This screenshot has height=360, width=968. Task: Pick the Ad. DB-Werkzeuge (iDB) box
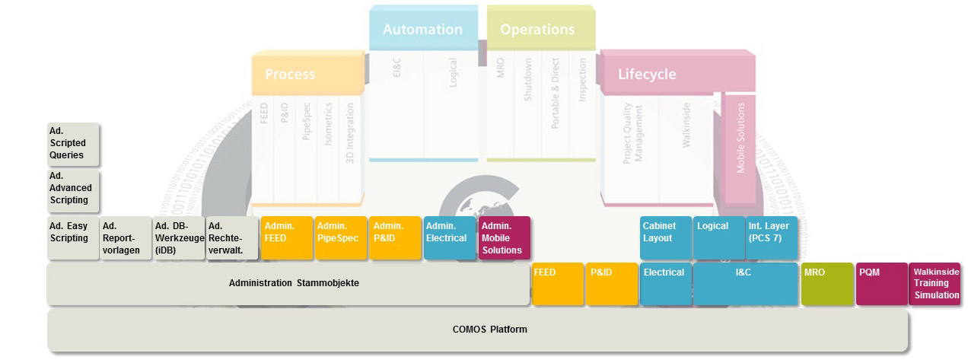tap(179, 238)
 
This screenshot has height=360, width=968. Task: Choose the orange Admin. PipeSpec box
tap(340, 238)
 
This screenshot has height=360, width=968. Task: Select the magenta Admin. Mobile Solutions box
tap(504, 238)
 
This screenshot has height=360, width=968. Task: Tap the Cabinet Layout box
tap(666, 238)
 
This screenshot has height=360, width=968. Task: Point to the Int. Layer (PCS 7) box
tap(772, 238)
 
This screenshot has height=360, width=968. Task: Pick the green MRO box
tap(827, 284)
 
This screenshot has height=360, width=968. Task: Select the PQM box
tap(880, 284)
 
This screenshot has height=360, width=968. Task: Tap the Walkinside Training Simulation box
tap(935, 284)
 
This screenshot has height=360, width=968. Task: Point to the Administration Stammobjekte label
tap(294, 283)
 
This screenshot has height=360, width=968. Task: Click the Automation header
tap(422, 30)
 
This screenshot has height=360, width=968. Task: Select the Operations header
tap(537, 30)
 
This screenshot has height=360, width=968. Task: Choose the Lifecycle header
tap(647, 75)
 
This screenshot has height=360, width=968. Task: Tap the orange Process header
tap(290, 75)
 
